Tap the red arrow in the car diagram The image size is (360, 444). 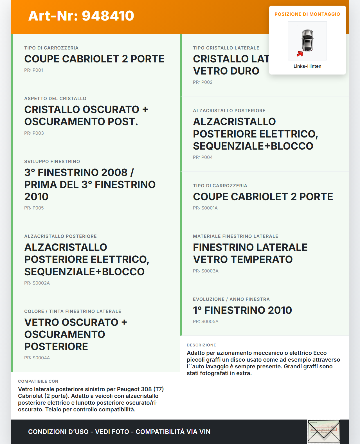click(300, 54)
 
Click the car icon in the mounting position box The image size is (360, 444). click(307, 40)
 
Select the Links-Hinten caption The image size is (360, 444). click(307, 66)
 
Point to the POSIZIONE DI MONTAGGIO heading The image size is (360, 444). click(307, 14)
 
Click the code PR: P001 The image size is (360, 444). click(34, 70)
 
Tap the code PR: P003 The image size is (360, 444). click(34, 133)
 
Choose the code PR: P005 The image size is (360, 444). click(34, 208)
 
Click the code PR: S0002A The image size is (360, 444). click(37, 283)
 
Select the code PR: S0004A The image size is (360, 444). click(37, 358)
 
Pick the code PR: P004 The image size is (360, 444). click(203, 157)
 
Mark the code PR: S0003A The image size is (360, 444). click(206, 271)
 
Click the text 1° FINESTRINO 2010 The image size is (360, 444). click(242, 310)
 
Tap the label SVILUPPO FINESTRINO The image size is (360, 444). click(52, 162)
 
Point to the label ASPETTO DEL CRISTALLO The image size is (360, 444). click(55, 99)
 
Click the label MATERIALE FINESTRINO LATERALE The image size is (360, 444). click(236, 236)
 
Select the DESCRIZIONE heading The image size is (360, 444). click(201, 345)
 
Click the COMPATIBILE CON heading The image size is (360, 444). click(38, 382)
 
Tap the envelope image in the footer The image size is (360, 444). click(324, 432)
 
